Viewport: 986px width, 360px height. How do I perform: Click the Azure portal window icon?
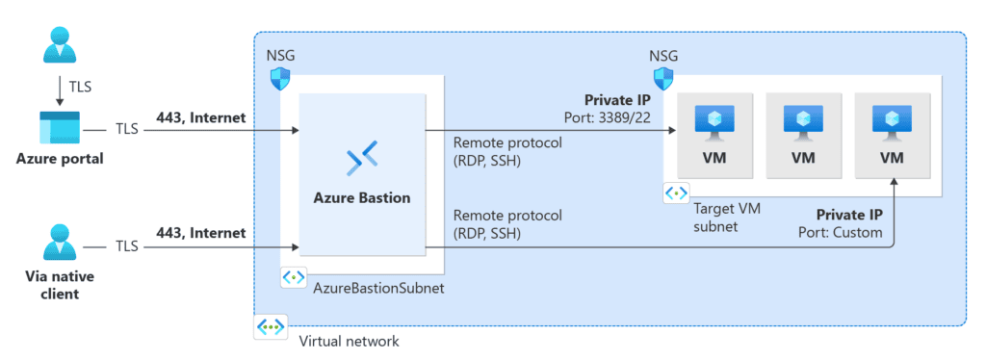(60, 128)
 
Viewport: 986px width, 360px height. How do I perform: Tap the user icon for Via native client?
(60, 243)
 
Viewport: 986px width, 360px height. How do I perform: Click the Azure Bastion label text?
(361, 198)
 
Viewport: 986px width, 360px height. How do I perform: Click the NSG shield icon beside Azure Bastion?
(280, 78)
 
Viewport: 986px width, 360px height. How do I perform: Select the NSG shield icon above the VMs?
(663, 78)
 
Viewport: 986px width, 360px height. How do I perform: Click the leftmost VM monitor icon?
(714, 121)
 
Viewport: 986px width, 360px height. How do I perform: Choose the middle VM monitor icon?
(803, 121)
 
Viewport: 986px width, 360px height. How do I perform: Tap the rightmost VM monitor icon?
(892, 121)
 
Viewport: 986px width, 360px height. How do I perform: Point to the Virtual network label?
(349, 341)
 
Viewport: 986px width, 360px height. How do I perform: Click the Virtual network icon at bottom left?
(271, 327)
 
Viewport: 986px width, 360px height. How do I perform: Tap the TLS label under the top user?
(81, 88)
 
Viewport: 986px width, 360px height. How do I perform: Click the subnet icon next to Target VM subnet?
(675, 193)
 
